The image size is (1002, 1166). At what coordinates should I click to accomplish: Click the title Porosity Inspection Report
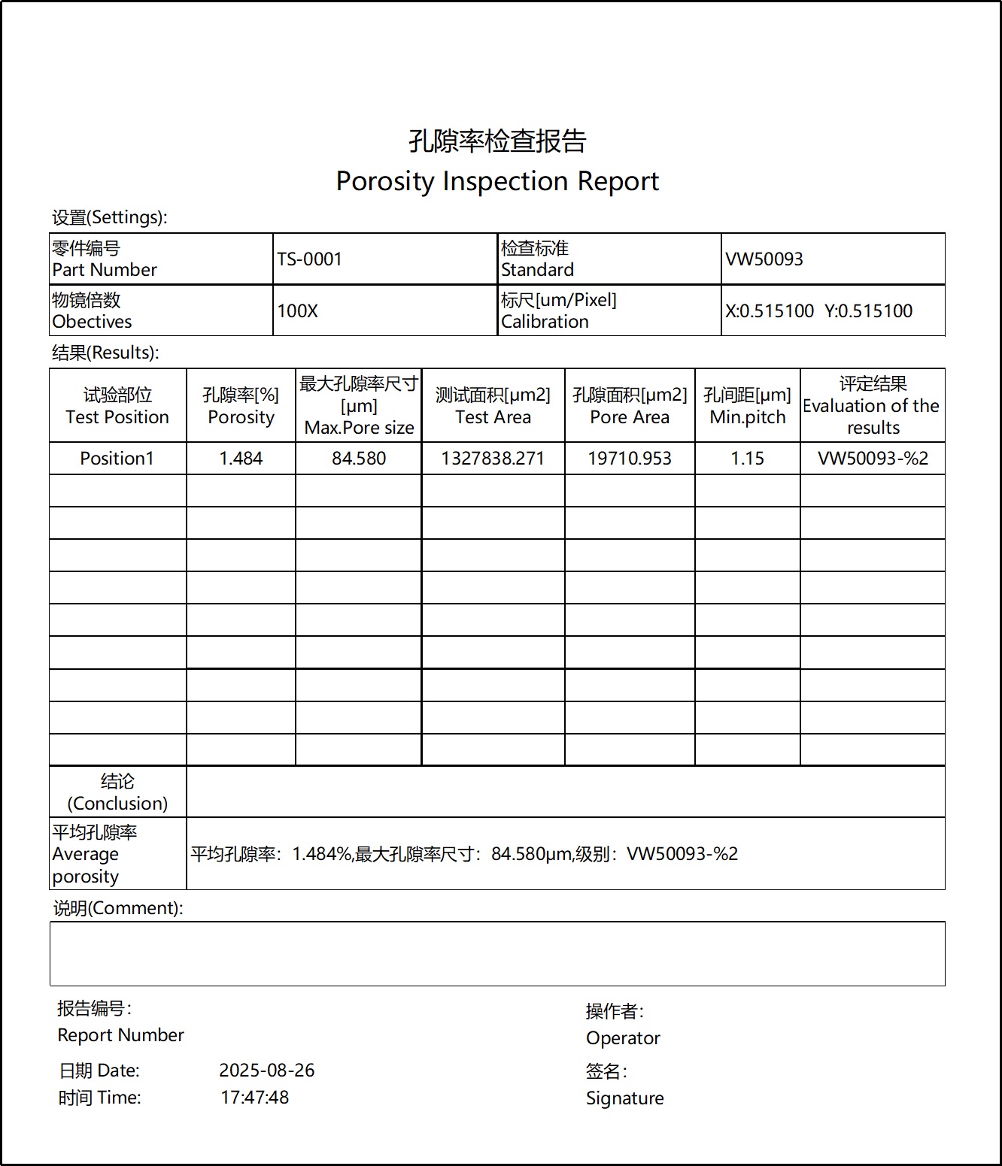(x=497, y=181)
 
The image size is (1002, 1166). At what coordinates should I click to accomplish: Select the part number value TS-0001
(x=309, y=259)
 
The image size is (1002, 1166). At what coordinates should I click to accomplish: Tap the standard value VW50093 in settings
(x=764, y=259)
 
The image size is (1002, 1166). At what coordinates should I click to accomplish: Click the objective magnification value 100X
(x=297, y=311)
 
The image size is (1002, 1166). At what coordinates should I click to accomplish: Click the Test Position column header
(x=117, y=406)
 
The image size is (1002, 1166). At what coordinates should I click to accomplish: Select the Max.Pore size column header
(x=359, y=406)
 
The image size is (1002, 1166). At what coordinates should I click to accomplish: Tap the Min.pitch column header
(x=747, y=406)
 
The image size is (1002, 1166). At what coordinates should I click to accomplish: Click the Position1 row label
(x=117, y=459)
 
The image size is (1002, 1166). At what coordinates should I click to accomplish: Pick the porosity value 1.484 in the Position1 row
(x=241, y=459)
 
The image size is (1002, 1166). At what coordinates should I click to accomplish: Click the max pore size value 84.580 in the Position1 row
(x=359, y=459)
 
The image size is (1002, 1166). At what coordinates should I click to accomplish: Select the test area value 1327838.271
(x=493, y=459)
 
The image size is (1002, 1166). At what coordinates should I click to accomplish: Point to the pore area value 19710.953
(x=630, y=459)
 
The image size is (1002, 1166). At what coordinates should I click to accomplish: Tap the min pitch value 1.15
(x=747, y=459)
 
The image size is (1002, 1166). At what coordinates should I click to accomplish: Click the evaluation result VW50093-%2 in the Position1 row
(x=873, y=459)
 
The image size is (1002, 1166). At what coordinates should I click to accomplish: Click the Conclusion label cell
(x=117, y=792)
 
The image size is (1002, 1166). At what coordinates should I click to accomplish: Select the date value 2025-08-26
(x=266, y=1071)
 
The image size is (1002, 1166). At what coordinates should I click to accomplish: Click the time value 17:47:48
(x=254, y=1098)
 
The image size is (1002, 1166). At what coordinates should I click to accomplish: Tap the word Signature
(x=624, y=1098)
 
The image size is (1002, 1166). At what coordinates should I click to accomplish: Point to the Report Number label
(x=120, y=1035)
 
